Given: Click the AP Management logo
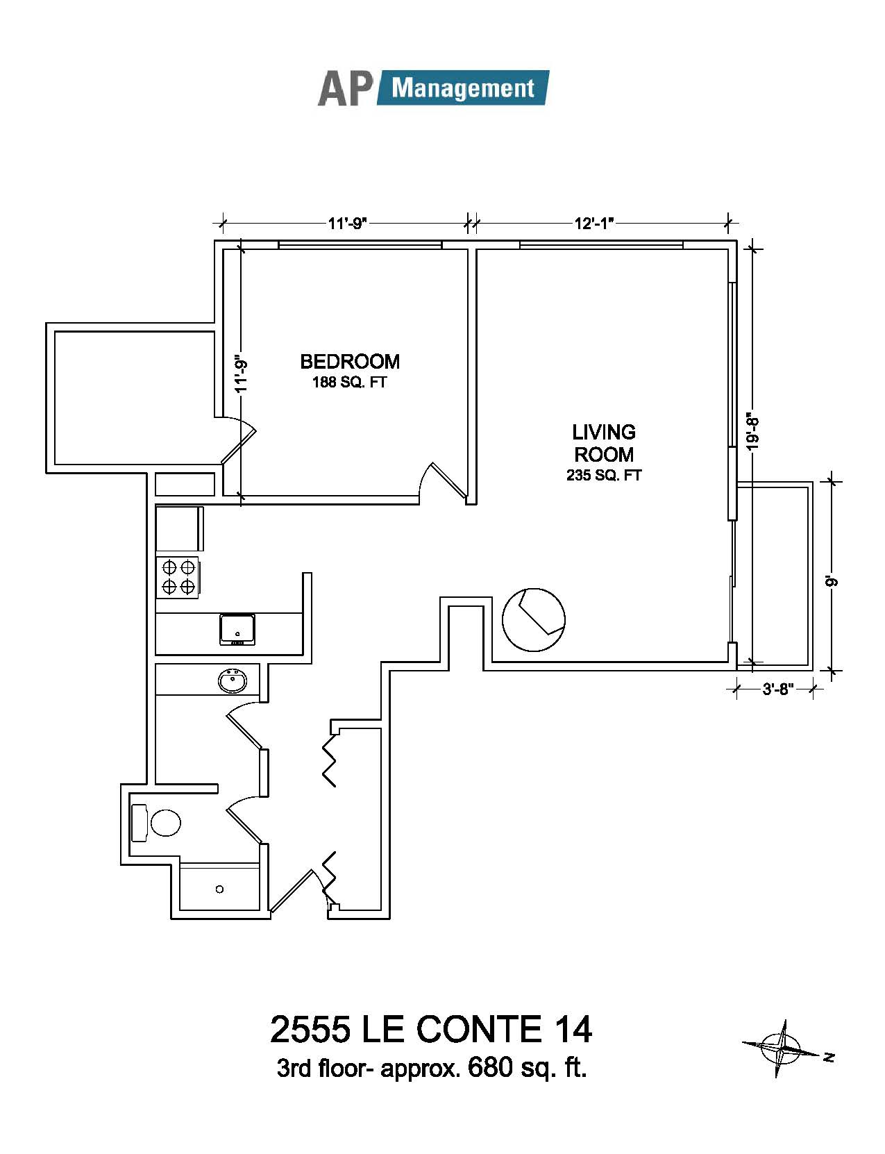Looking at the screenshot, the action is (x=433, y=88).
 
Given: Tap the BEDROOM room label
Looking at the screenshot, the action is (x=350, y=362).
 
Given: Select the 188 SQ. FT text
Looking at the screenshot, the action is (x=350, y=383).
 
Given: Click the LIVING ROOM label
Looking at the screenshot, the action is (x=604, y=444).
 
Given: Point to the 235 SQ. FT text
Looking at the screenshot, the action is (x=604, y=476).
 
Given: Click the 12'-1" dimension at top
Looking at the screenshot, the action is (x=594, y=223).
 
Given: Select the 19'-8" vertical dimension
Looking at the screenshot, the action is (x=753, y=432).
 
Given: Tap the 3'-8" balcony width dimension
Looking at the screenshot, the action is (x=778, y=689).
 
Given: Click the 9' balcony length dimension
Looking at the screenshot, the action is (x=832, y=582).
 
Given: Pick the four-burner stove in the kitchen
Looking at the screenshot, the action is (x=178, y=577).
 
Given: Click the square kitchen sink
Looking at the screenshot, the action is (x=238, y=629).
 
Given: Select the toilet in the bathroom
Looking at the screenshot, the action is (x=156, y=823).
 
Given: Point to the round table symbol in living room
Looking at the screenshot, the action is (x=534, y=619).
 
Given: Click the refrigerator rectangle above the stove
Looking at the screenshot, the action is (x=180, y=529).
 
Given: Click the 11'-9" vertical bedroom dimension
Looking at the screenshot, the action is (x=242, y=376).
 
